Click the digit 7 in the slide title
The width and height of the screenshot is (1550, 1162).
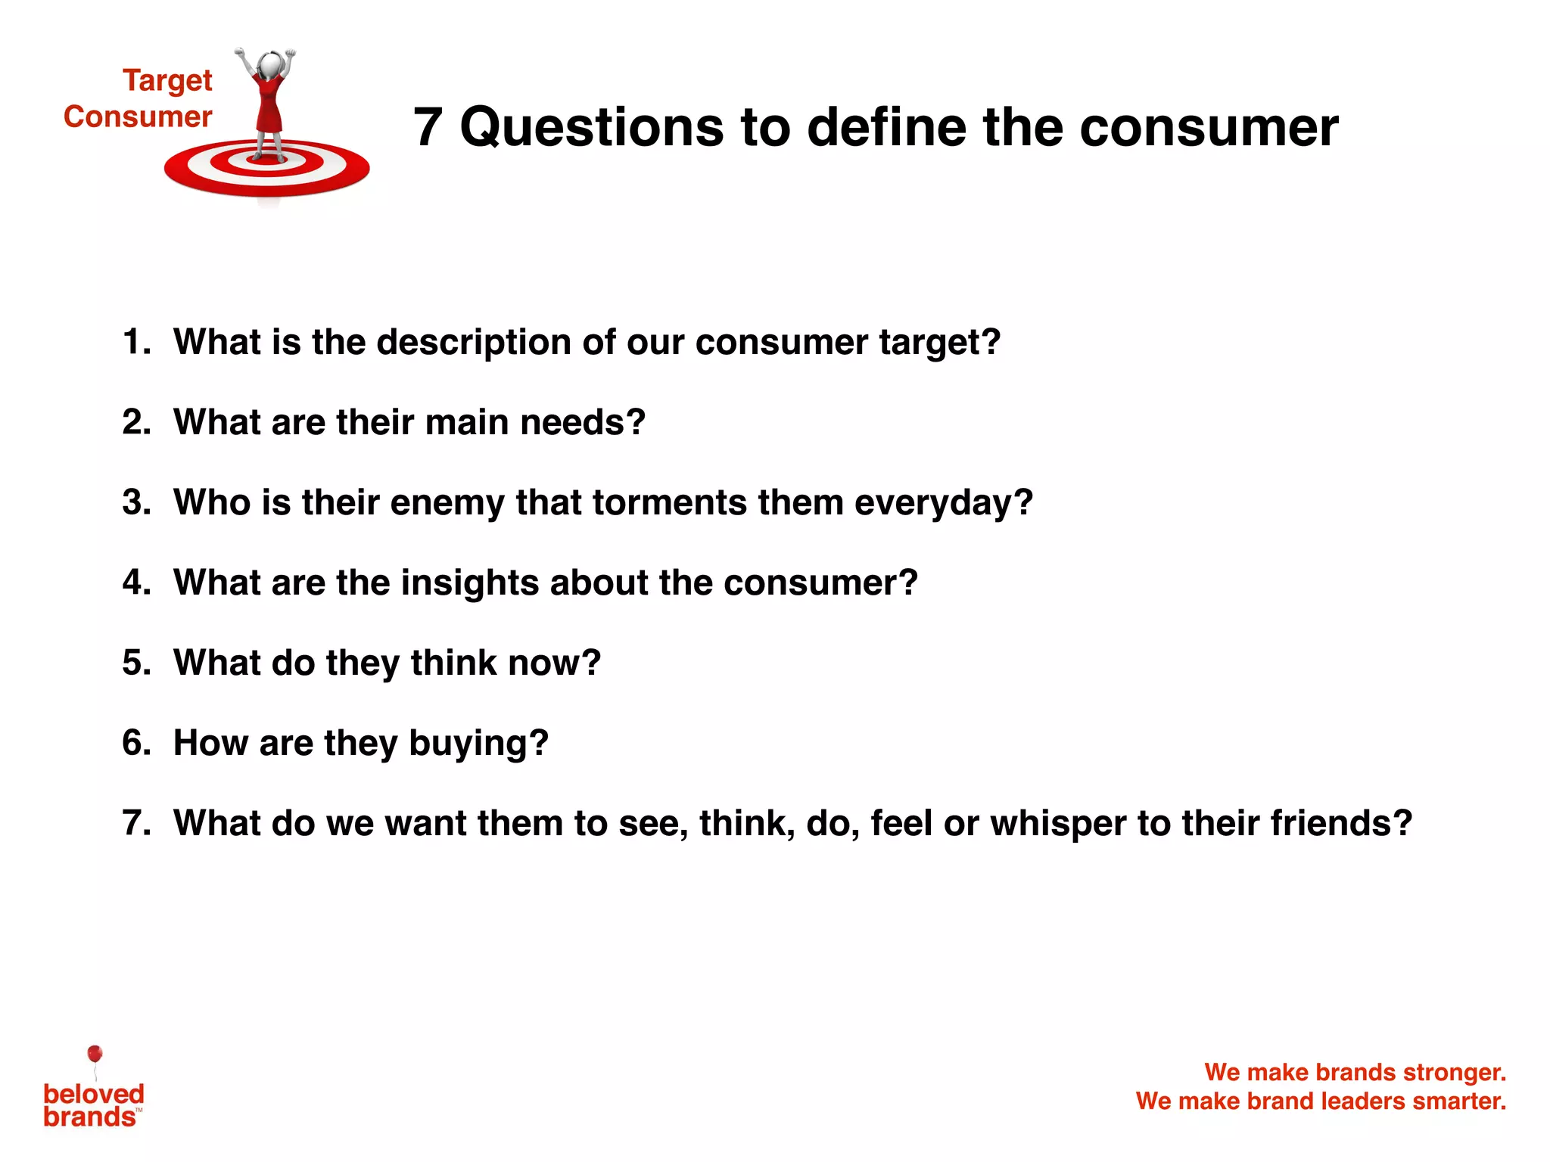coord(428,127)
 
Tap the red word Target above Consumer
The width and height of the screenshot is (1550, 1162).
coord(167,80)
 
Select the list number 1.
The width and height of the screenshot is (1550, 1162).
coord(135,342)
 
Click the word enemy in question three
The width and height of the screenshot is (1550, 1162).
coord(447,502)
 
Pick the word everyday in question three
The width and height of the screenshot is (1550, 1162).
coord(943,502)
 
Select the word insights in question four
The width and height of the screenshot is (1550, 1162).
coord(469,583)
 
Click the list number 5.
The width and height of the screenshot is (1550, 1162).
coord(135,663)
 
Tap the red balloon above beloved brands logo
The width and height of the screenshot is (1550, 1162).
coord(95,1054)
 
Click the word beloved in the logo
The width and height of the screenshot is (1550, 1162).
coord(94,1094)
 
